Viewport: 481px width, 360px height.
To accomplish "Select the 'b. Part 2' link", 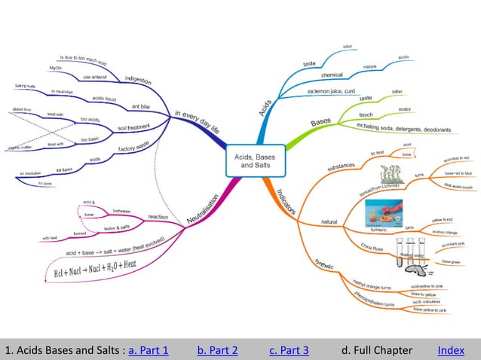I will [217, 350].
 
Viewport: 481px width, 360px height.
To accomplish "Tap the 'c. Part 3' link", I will [288, 350].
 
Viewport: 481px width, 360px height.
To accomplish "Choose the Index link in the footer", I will [450, 350].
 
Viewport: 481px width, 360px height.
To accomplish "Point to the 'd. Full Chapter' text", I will [376, 350].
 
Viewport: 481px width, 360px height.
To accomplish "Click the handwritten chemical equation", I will [96, 269].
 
